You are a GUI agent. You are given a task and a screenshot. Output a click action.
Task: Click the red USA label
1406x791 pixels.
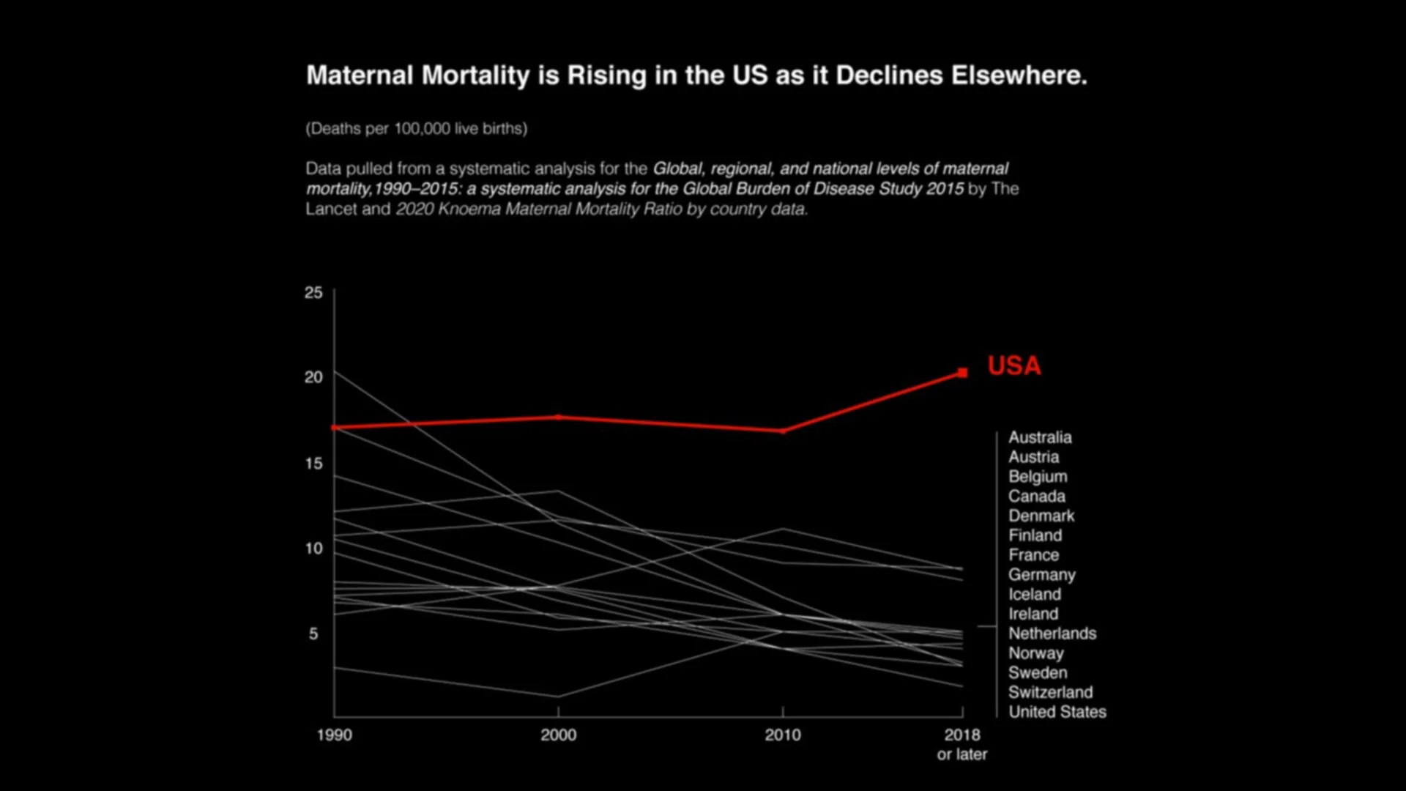(x=1013, y=365)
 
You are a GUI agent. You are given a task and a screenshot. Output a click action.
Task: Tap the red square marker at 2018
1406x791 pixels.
(x=962, y=373)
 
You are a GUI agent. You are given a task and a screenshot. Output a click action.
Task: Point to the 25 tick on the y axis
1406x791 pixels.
(x=313, y=293)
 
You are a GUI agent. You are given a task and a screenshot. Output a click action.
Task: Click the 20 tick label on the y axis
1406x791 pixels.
(x=313, y=377)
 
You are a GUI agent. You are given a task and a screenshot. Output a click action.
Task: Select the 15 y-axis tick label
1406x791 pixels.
(x=313, y=464)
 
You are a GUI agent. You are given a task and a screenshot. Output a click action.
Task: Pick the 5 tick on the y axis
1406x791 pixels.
(x=313, y=634)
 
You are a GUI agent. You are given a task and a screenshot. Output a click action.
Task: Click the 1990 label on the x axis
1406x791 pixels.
(x=335, y=735)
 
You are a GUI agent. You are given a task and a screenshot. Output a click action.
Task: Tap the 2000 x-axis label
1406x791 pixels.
(x=558, y=735)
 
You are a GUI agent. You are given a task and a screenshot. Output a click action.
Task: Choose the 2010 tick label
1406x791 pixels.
(x=783, y=735)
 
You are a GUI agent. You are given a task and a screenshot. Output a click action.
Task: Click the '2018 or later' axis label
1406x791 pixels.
(x=962, y=744)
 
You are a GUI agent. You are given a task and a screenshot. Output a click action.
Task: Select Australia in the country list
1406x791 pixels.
(x=1040, y=437)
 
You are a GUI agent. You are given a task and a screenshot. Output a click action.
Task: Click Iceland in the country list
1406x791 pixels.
(x=1034, y=595)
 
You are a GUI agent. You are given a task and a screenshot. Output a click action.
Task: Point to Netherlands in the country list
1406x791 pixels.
(x=1052, y=634)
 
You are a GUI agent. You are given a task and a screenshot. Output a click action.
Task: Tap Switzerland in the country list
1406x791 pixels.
(x=1050, y=693)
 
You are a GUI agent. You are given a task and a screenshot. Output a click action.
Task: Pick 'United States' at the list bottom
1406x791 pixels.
(x=1057, y=712)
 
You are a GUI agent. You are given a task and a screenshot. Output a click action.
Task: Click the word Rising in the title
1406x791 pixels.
(x=607, y=75)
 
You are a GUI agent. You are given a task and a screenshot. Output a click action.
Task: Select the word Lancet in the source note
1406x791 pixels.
(x=330, y=209)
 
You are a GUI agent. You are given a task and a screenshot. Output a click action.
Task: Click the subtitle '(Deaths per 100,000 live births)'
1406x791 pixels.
(x=416, y=129)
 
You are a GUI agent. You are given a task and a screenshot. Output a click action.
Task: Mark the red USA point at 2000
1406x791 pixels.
(x=558, y=417)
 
